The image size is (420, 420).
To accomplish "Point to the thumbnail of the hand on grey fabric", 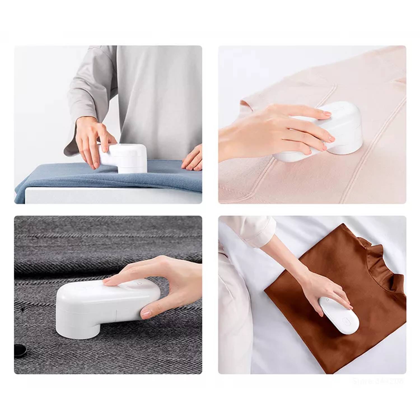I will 146,313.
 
